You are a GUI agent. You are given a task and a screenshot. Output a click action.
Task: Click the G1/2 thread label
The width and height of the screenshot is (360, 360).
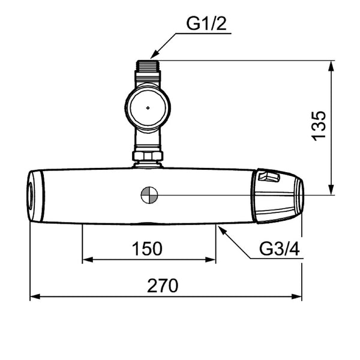206,23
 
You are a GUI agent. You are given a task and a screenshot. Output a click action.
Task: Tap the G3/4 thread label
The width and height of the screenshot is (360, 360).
279,248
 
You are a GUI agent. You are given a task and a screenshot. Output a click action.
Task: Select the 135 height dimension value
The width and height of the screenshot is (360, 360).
318,126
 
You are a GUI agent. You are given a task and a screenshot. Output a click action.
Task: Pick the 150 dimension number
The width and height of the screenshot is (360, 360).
147,248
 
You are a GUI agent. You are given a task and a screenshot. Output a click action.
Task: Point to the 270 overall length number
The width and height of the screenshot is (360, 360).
163,286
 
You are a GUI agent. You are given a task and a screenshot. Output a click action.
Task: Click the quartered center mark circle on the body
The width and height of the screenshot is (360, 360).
149,195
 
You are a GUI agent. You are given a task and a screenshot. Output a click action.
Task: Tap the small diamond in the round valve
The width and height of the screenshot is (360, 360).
148,107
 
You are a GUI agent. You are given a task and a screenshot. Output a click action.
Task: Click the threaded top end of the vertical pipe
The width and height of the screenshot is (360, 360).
148,65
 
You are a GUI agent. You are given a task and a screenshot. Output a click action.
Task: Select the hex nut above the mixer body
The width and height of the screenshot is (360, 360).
148,155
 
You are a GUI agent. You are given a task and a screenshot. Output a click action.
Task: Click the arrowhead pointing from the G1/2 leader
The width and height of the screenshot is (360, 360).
154,55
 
